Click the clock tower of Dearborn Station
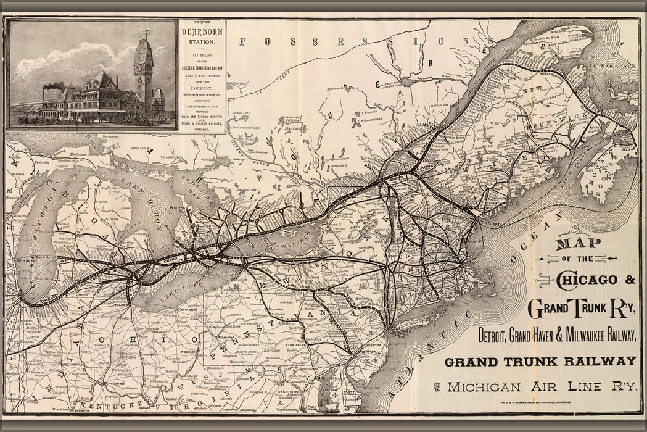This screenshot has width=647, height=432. (143, 68)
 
